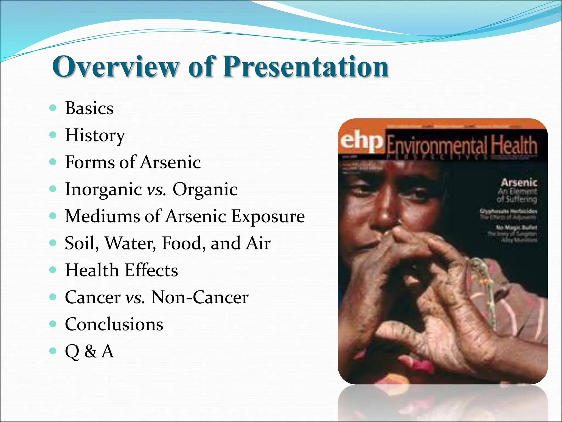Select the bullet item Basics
coord(89,108)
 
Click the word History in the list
coord(95,135)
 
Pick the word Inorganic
coord(103,189)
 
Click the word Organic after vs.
coord(205,189)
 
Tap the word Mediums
coord(103,216)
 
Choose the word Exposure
coord(268,216)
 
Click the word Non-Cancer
coord(200,297)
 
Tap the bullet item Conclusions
coord(114,324)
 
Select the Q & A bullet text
coord(89,351)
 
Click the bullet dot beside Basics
coord(53,108)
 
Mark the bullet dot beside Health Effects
coord(53,270)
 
